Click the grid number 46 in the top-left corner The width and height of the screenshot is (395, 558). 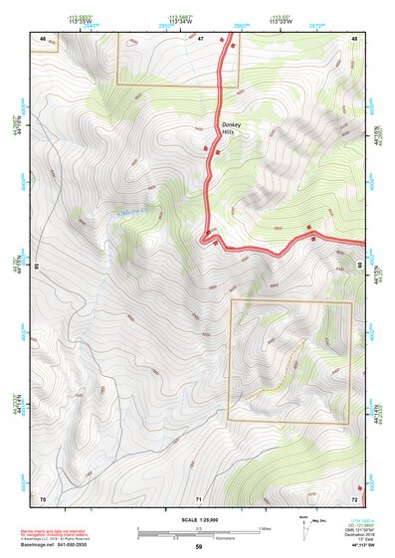(x=43, y=38)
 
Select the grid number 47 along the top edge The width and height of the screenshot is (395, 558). (x=200, y=38)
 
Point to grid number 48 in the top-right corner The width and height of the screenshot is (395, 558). (x=353, y=38)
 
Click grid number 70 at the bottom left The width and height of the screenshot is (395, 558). (x=43, y=498)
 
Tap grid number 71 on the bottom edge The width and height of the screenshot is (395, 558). (x=199, y=498)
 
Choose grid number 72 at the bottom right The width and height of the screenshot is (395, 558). (x=353, y=498)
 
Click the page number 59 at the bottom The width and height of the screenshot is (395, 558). (x=198, y=547)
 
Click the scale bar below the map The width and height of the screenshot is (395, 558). (x=198, y=531)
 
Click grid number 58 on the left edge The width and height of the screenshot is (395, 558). (x=36, y=267)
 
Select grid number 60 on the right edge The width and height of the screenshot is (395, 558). (x=359, y=267)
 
